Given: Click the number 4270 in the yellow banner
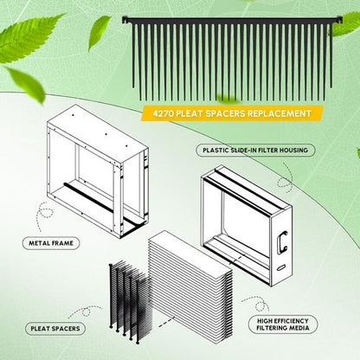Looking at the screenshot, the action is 163,113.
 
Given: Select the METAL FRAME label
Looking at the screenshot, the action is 51,243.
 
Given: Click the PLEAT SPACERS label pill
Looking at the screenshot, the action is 55,329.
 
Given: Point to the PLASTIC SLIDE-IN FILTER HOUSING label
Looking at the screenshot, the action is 255,151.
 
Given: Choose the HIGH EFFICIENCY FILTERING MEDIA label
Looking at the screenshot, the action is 283,325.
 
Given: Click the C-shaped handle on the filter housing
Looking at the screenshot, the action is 281,242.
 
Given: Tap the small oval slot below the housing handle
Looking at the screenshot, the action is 280,267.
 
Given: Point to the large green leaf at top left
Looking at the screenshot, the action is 28,37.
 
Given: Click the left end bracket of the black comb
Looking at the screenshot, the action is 126,20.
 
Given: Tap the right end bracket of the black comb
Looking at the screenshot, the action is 337,21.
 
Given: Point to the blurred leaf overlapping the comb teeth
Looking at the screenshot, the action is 228,98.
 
